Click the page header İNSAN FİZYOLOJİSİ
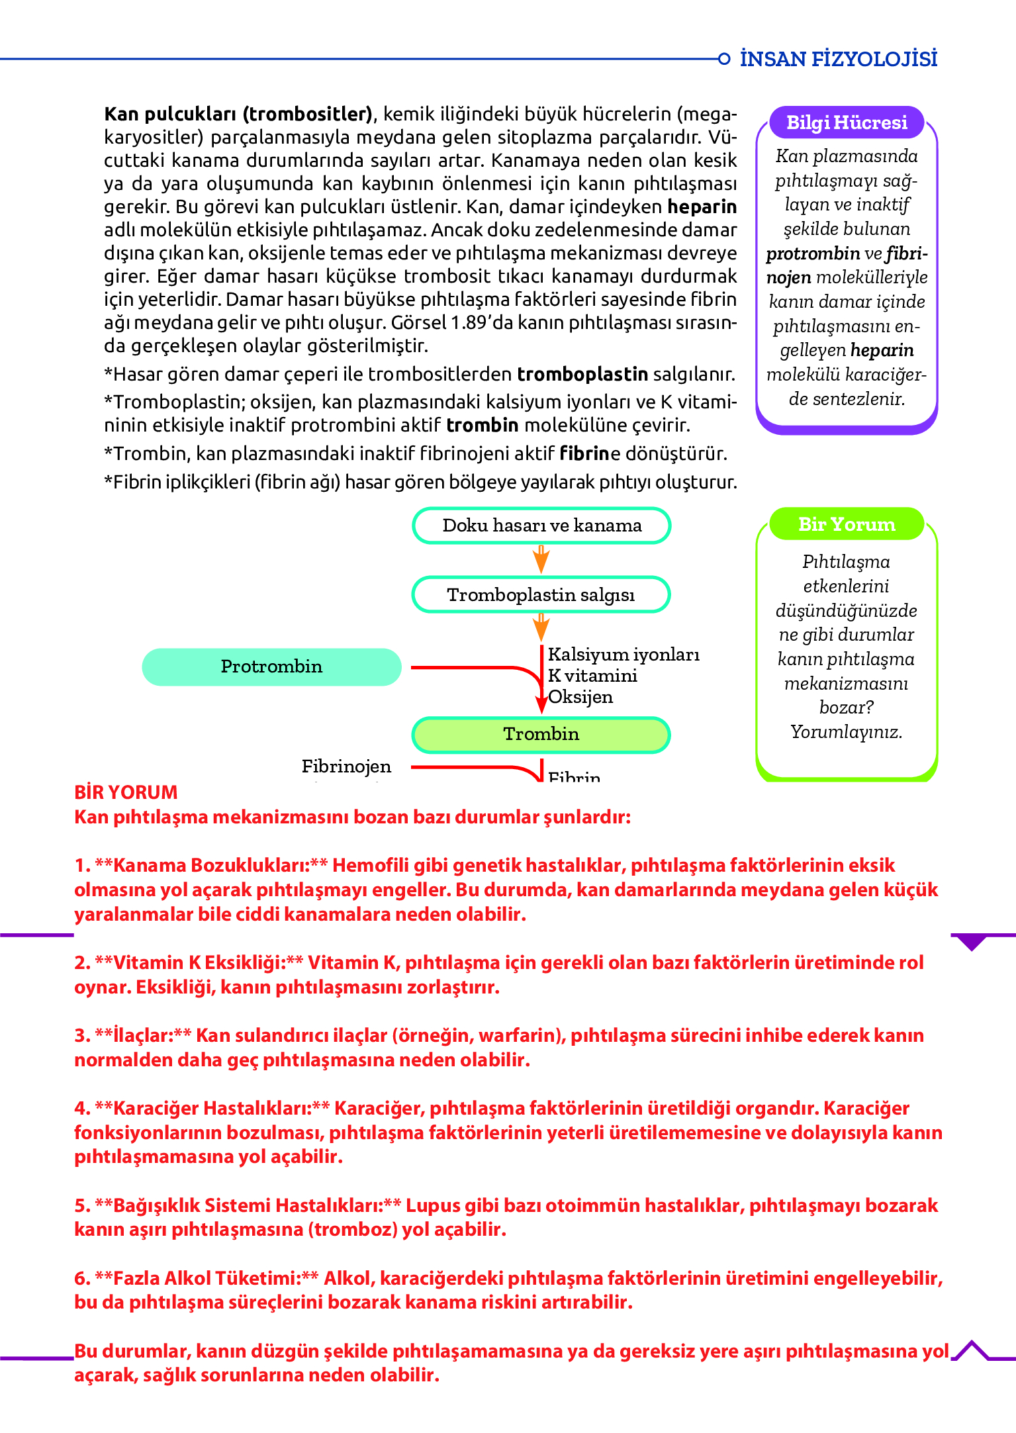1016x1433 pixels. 838,59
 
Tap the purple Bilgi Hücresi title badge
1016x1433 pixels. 847,122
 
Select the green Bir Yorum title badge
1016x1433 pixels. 847,524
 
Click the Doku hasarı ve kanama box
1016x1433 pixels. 541,526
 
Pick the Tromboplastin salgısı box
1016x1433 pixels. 541,594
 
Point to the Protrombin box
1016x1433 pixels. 271,667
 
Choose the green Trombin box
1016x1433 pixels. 541,734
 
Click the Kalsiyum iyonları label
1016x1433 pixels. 623,655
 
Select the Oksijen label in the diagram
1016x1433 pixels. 580,697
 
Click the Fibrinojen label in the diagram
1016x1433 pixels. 346,766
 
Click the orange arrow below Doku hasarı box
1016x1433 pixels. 541,560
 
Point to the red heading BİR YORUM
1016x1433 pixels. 126,792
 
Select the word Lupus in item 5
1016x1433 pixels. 431,1205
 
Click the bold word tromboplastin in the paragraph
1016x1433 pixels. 582,375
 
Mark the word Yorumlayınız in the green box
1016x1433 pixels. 846,732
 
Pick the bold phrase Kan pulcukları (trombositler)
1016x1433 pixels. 238,114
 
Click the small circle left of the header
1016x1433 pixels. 724,59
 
